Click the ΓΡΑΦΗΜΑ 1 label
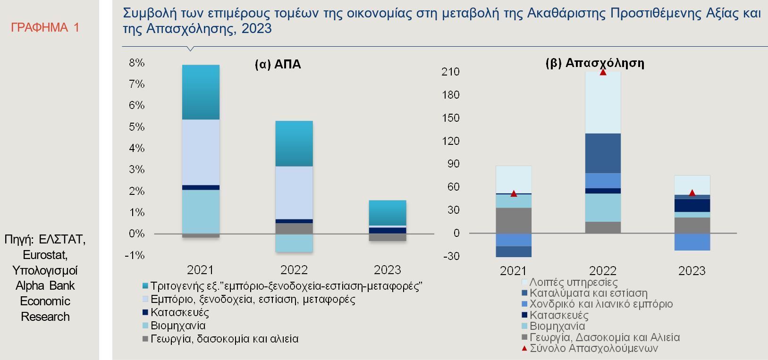pos(45,28)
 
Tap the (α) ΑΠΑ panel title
pos(278,64)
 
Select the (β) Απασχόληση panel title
pos(595,63)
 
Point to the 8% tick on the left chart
pos(136,63)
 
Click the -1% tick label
pos(135,255)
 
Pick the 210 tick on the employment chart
pos(450,72)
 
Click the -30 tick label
pos(450,256)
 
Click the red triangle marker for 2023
pos(692,193)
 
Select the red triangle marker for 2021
pos(514,193)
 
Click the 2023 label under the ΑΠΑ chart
pos(387,270)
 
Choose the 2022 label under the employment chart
pos(603,271)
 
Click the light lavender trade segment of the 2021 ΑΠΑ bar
pos(201,152)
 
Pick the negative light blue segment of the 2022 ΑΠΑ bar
pos(294,243)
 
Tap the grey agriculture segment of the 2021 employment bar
pos(514,220)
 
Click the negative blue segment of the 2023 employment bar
pos(692,242)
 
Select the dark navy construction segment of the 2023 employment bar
pos(692,205)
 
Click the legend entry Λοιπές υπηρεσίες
pos(573,282)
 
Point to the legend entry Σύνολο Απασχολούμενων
pos(593,349)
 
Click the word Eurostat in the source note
pos(45,255)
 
